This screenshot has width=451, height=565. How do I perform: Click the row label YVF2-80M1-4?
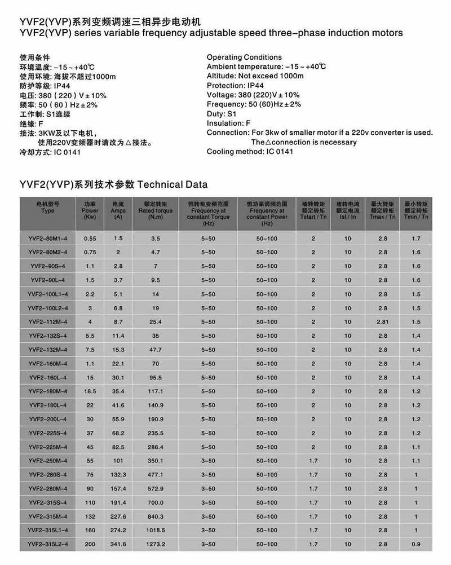(47, 239)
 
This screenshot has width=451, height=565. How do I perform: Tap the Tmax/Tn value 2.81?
(383, 322)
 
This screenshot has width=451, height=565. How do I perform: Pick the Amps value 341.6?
(118, 544)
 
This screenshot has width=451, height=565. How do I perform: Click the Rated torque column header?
(155, 211)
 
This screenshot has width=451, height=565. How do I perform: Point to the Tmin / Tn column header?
(416, 210)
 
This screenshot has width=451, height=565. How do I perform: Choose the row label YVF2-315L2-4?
(47, 544)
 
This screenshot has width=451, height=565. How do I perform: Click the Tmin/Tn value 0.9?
(416, 544)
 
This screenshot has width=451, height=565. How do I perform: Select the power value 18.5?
(90, 391)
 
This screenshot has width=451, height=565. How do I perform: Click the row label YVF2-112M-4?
(47, 322)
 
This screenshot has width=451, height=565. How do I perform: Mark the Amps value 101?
(118, 461)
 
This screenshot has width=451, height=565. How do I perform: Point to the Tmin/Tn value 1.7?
(416, 239)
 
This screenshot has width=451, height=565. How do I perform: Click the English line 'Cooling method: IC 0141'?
(250, 152)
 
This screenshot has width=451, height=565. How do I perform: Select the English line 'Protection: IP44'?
(235, 86)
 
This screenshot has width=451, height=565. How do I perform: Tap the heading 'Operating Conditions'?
(244, 58)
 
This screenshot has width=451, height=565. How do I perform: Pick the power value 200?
(90, 544)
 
